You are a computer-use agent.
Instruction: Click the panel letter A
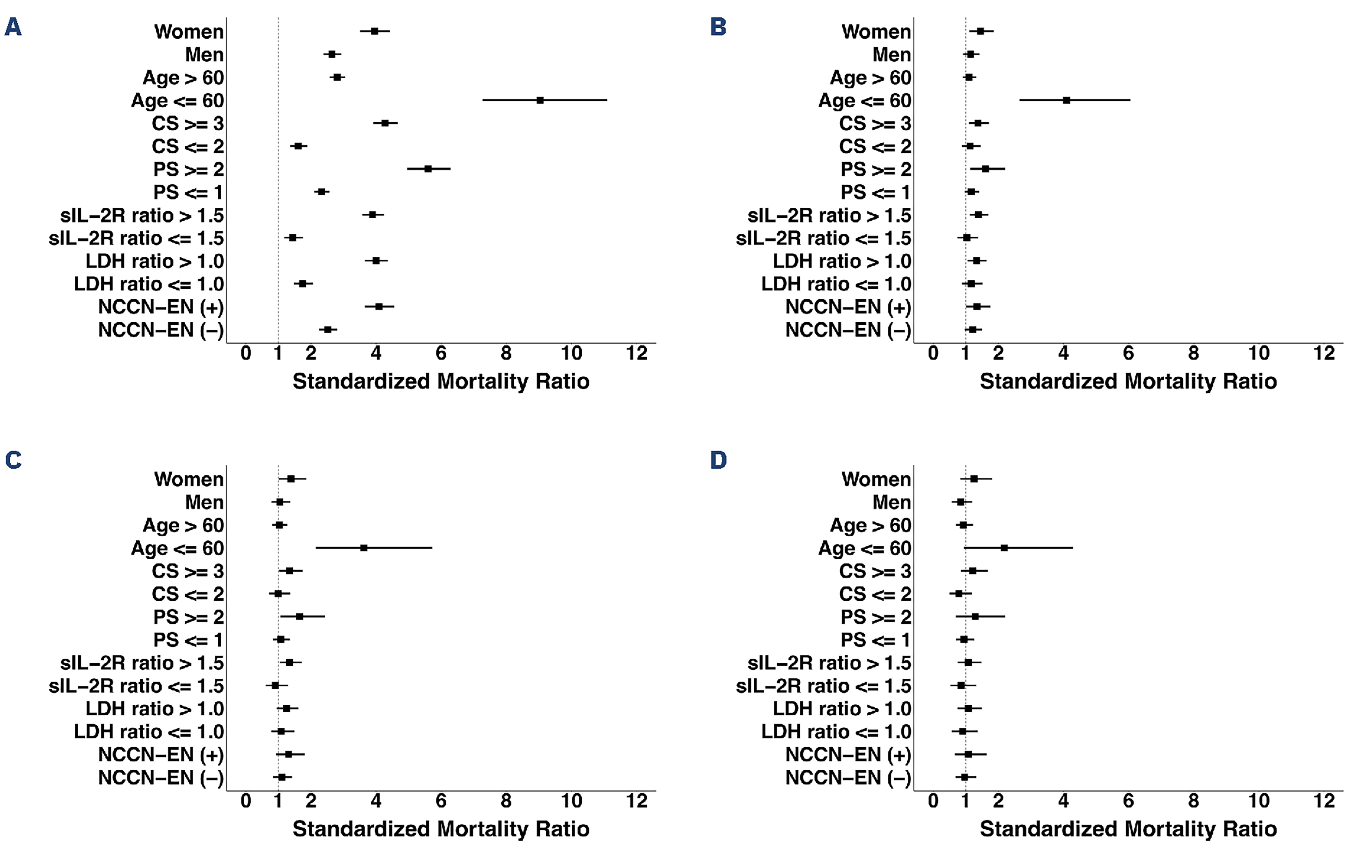point(13,27)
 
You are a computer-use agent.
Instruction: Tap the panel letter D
point(718,460)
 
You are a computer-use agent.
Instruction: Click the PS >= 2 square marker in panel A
point(428,169)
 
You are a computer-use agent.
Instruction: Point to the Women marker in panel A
point(374,31)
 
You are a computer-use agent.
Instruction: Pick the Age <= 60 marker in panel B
point(1066,100)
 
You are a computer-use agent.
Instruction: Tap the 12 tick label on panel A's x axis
point(636,353)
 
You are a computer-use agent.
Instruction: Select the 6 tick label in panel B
point(1128,353)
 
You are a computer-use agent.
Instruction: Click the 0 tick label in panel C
point(246,801)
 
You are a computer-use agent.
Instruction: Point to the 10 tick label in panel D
point(1259,801)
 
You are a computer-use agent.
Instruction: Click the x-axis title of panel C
point(441,829)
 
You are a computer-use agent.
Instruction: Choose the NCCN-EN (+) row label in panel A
point(161,307)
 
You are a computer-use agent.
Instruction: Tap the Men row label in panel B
point(892,55)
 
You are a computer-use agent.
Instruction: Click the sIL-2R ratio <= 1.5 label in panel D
point(823,686)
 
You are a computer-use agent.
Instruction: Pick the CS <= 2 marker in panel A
point(298,146)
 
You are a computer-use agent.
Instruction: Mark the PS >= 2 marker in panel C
point(300,616)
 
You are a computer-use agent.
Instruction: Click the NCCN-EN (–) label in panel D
point(848,778)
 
